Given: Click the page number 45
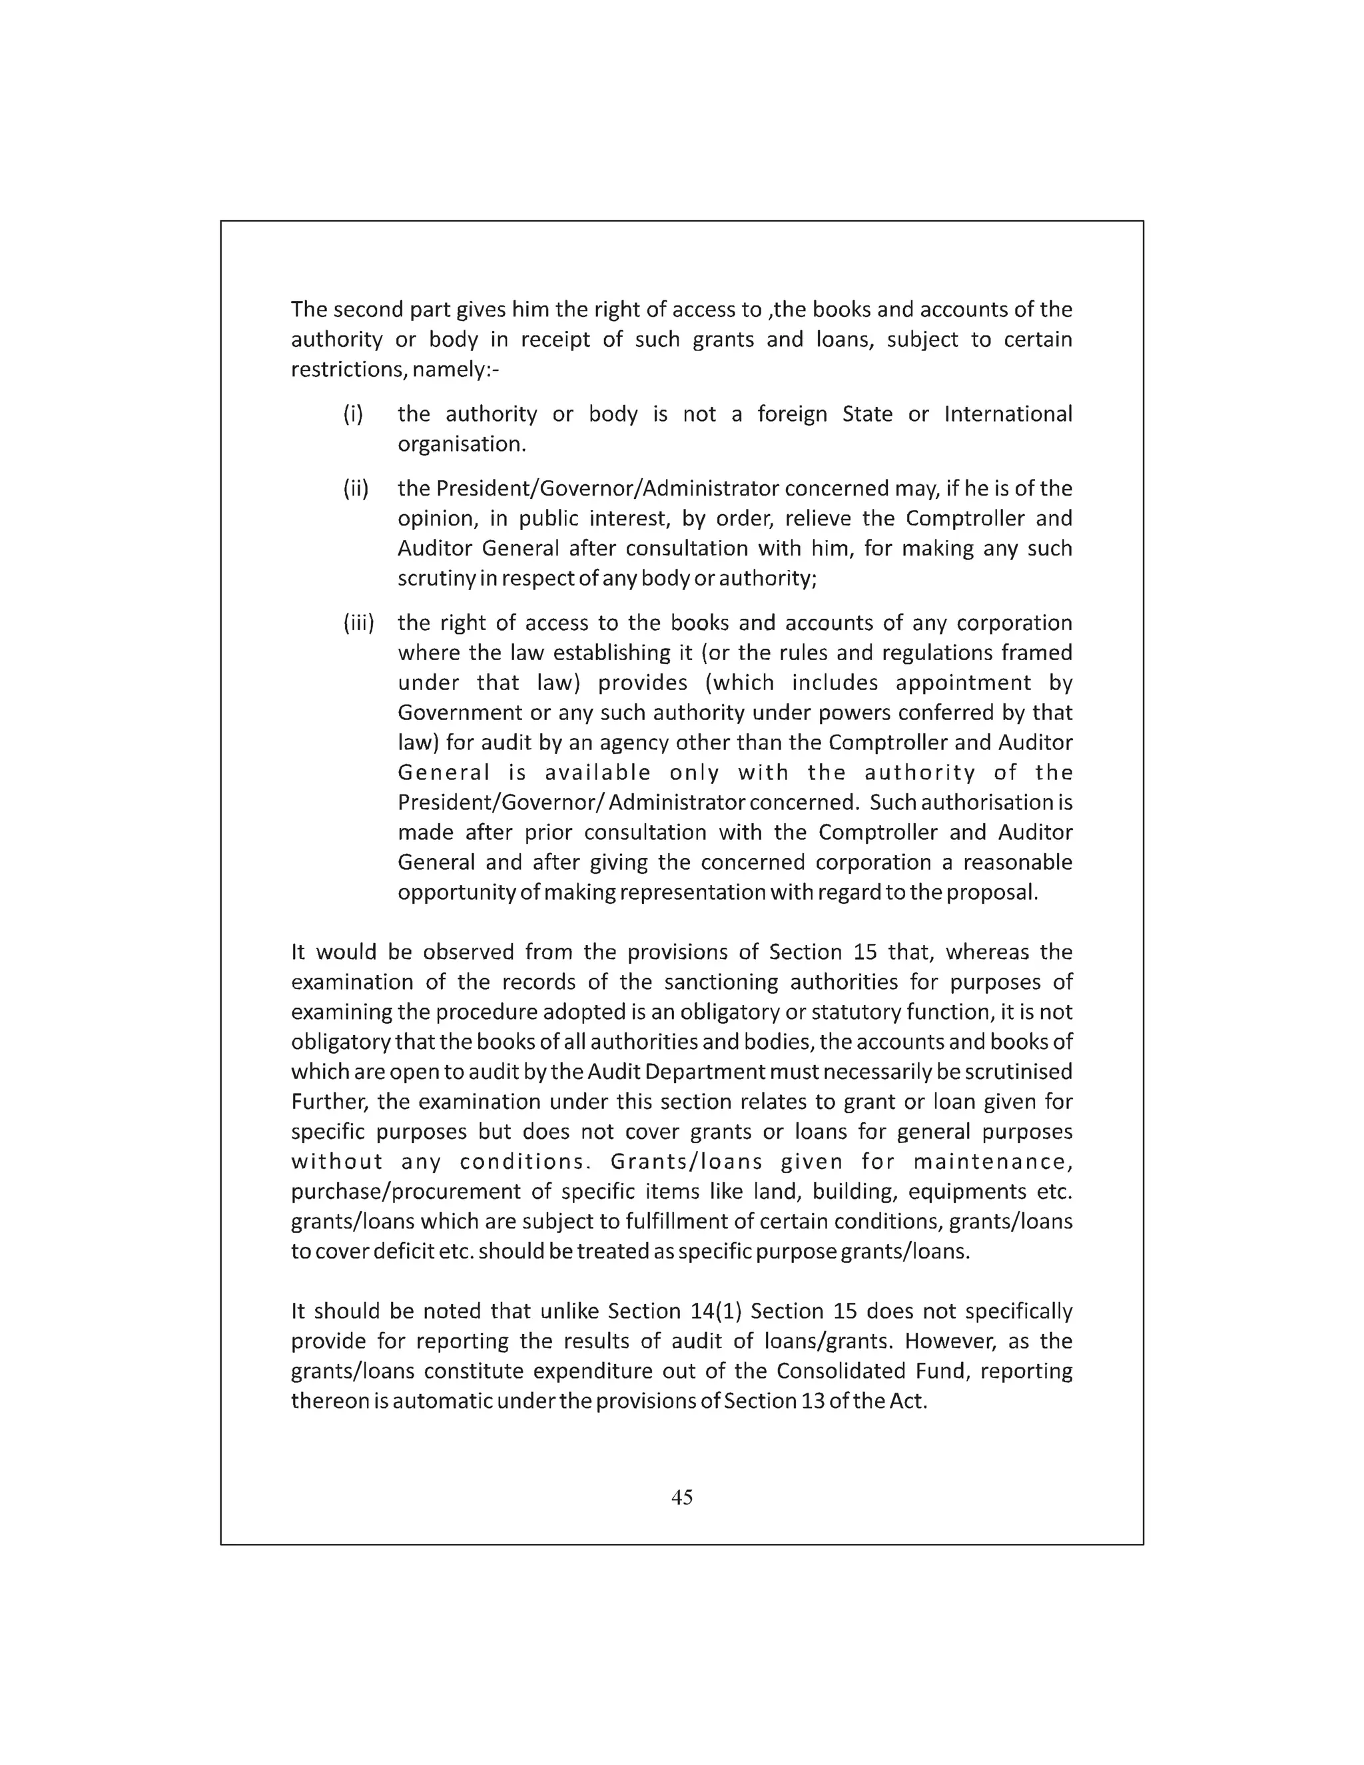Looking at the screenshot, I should coord(681,1497).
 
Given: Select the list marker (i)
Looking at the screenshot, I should coord(353,414).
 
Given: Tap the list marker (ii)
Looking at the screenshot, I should coord(356,489).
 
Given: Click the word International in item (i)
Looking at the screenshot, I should coord(1008,414).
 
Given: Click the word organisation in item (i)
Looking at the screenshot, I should coord(462,444).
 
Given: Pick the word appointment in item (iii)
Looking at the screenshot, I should coord(962,683).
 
